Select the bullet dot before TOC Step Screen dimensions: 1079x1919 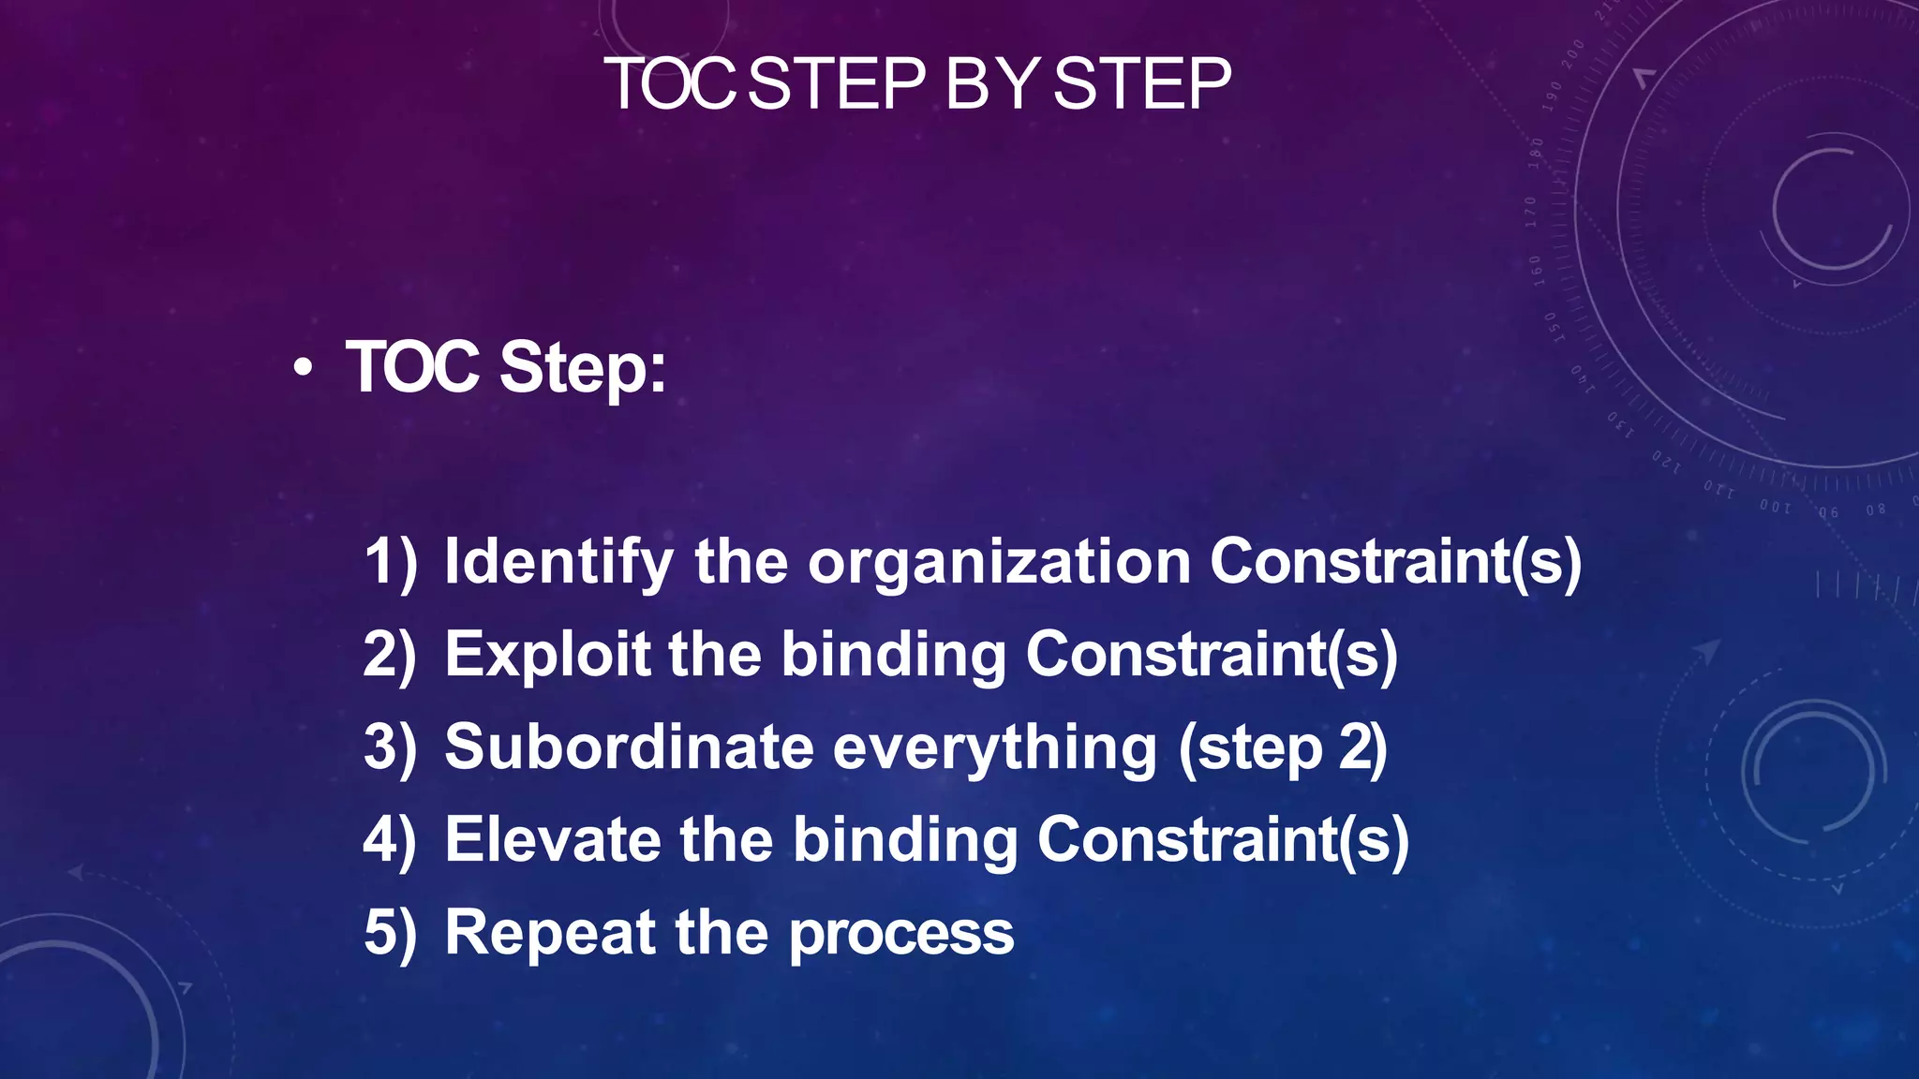302,369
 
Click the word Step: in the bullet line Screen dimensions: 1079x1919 583,367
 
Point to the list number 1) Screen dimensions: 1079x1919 390,562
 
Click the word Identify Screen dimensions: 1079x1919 558,562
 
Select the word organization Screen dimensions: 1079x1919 999,562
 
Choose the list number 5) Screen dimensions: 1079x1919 390,933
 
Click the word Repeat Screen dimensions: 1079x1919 550,933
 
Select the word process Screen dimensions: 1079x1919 901,935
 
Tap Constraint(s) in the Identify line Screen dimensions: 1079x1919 1395,562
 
